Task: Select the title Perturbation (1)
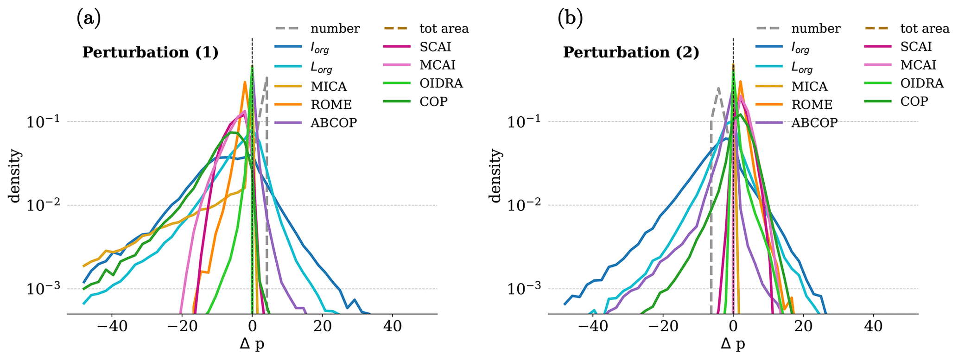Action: coord(150,52)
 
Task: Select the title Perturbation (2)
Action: coord(631,52)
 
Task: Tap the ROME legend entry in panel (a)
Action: coord(331,105)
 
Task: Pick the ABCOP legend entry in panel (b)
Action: coord(814,123)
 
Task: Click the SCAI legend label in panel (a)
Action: coord(435,47)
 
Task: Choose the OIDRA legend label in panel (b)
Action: coord(922,83)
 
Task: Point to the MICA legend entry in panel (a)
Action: coord(329,87)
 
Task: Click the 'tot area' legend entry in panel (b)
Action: coord(925,29)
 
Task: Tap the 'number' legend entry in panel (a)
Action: coord(335,29)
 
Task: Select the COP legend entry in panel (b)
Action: coord(914,101)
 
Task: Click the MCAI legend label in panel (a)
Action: coord(438,65)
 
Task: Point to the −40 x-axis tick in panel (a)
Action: coord(112,327)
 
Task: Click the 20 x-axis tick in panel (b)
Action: coord(803,327)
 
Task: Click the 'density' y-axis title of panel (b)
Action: coord(495,176)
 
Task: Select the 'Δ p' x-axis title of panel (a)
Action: coord(252,344)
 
